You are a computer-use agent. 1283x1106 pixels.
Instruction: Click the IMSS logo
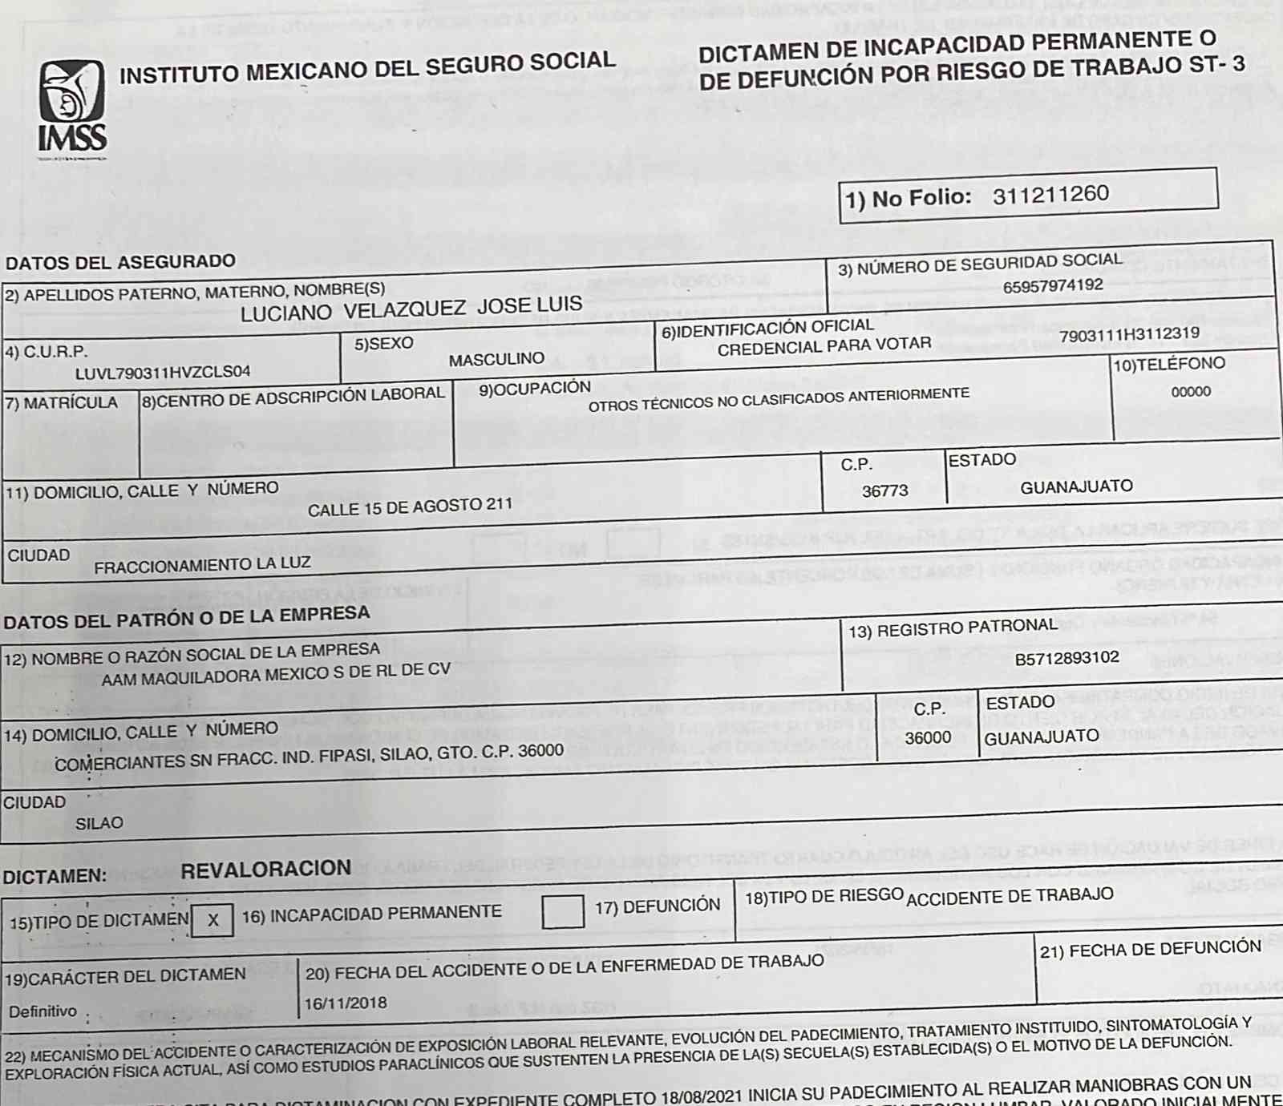pyautogui.click(x=72, y=107)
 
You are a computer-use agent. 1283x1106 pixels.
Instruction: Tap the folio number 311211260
pyautogui.click(x=1050, y=195)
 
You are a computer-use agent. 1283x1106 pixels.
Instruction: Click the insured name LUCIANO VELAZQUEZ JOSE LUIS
pyautogui.click(x=411, y=309)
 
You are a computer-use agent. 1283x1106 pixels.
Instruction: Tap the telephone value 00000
pyautogui.click(x=1191, y=392)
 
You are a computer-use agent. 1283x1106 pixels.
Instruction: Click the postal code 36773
pyautogui.click(x=884, y=491)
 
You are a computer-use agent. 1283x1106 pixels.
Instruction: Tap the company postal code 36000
pyautogui.click(x=928, y=737)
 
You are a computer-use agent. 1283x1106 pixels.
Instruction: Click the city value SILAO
pyautogui.click(x=99, y=824)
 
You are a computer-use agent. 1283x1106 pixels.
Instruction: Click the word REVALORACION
pyautogui.click(x=265, y=870)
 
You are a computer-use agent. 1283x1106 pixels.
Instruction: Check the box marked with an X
pyautogui.click(x=212, y=920)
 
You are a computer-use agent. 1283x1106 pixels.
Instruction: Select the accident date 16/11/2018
pyautogui.click(x=345, y=1003)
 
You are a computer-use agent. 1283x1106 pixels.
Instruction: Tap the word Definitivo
pyautogui.click(x=43, y=1011)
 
